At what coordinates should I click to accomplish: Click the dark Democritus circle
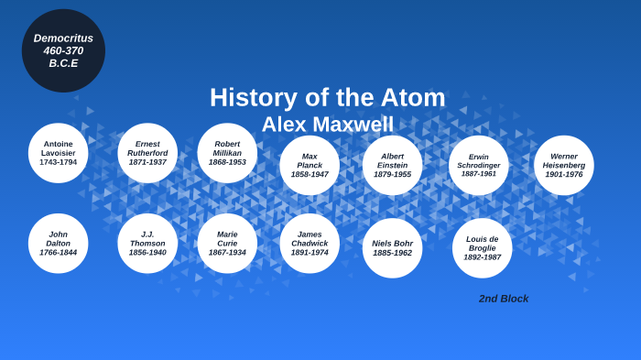pos(63,50)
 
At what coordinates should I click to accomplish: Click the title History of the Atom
pos(327,97)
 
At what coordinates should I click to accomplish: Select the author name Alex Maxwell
pos(327,125)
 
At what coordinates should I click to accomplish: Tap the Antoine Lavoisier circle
pos(59,153)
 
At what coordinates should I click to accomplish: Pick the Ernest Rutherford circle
pos(147,153)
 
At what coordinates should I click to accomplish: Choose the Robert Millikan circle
pos(227,153)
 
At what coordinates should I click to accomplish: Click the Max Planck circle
pos(310,165)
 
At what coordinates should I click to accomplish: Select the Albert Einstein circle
pos(392,165)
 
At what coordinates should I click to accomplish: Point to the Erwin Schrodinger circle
pos(478,165)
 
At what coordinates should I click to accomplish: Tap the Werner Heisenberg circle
pos(563,165)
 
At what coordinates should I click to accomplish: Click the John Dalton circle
pos(59,243)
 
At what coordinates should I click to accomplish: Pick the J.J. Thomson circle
pos(147,243)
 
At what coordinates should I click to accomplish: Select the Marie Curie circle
pos(227,243)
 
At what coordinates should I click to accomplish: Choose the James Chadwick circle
pos(310,243)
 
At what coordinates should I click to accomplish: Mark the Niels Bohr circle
pos(392,247)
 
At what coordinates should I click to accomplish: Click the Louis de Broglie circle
pos(482,247)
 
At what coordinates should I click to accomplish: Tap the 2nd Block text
pos(504,299)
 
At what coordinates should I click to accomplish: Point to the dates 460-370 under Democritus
pos(63,50)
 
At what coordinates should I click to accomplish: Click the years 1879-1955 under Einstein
pos(392,174)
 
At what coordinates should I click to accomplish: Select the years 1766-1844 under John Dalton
pos(58,253)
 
